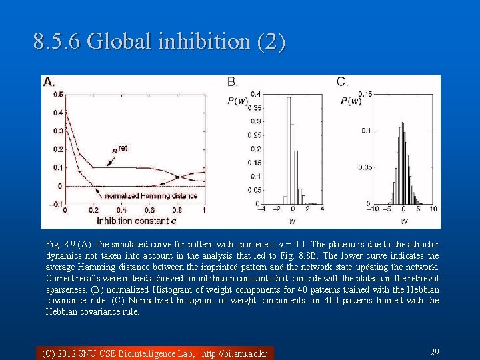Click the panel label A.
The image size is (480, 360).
click(49, 82)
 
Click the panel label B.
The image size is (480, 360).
click(233, 82)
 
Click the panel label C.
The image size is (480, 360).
click(342, 82)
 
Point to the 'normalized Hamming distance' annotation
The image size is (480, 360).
click(151, 195)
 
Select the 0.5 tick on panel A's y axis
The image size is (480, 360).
click(58, 95)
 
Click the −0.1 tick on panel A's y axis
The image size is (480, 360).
click(57, 204)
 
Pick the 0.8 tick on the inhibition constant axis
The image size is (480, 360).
click(176, 211)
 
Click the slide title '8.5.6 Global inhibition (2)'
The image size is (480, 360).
click(159, 42)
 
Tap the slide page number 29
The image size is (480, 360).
click(433, 352)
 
